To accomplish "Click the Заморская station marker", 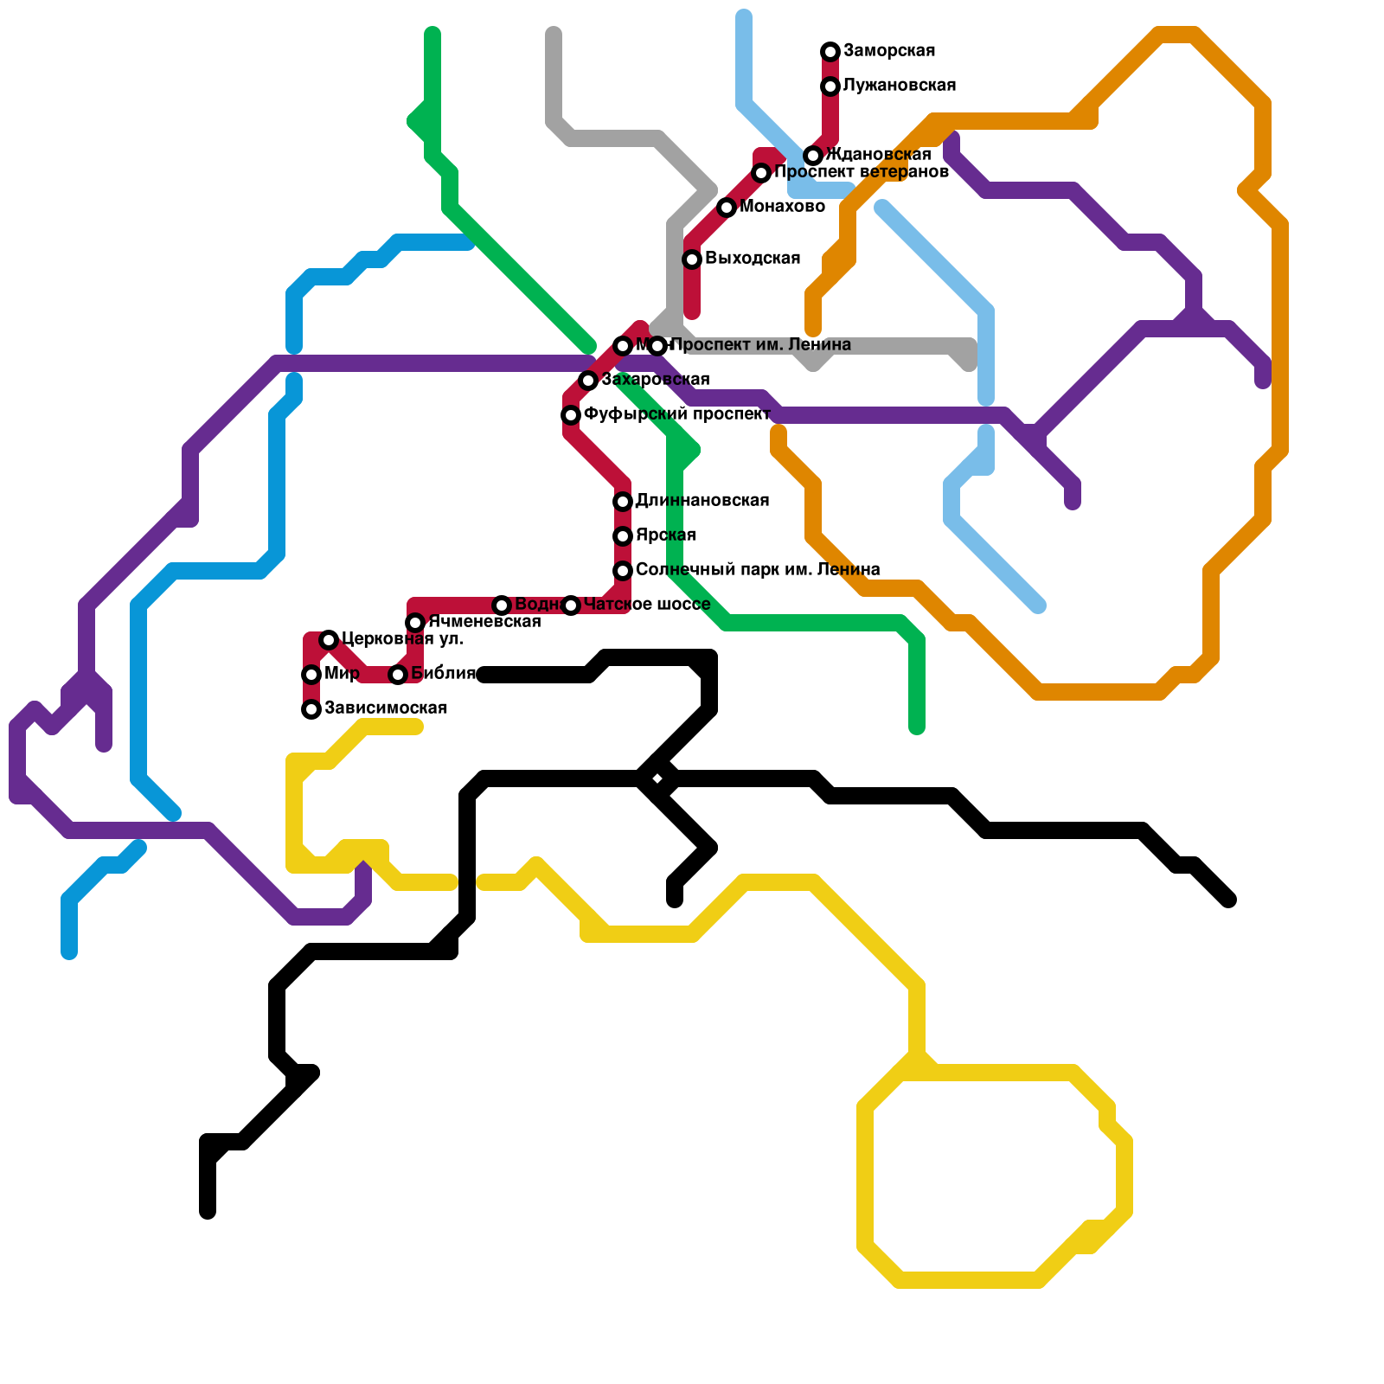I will (830, 52).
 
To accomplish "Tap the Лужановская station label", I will (899, 86).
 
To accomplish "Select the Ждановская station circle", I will (813, 156).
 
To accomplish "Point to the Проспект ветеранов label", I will (862, 172).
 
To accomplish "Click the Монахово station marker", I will (727, 208).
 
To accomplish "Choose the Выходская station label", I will (752, 259).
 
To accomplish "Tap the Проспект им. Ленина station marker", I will (657, 346).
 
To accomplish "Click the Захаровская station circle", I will (588, 381).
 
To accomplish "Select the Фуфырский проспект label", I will (676, 414).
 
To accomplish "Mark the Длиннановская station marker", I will (623, 502).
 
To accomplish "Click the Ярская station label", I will (665, 535).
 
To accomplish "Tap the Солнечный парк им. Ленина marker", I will (623, 571).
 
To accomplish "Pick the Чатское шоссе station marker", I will (571, 605).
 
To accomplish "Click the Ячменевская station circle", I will (415, 623).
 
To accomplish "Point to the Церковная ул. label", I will (402, 639).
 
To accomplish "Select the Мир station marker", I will (311, 675).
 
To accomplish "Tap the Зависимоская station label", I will (385, 708).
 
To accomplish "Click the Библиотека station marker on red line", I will (398, 675).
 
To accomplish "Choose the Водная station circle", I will (502, 605).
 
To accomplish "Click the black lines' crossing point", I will (657, 779).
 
